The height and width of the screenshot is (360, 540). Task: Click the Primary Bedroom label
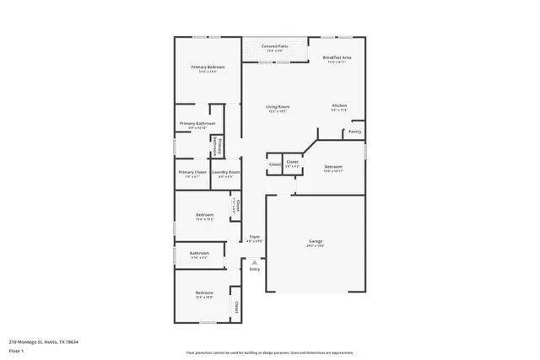click(201, 67)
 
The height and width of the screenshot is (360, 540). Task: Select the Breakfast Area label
click(337, 57)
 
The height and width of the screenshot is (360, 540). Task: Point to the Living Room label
click(278, 106)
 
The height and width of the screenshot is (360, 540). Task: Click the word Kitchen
click(338, 105)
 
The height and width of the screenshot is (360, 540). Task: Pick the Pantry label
click(354, 132)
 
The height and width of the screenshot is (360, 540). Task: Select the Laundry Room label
click(225, 172)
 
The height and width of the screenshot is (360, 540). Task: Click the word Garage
click(315, 241)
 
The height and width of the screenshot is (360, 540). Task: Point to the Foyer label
click(254, 237)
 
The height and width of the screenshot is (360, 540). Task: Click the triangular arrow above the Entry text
click(254, 262)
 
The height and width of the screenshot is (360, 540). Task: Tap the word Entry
click(254, 270)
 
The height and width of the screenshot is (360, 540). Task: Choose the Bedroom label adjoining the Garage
click(333, 167)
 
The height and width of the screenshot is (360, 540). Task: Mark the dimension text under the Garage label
click(315, 246)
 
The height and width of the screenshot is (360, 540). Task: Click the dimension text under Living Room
click(278, 111)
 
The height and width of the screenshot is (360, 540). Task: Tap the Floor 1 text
click(15, 350)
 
